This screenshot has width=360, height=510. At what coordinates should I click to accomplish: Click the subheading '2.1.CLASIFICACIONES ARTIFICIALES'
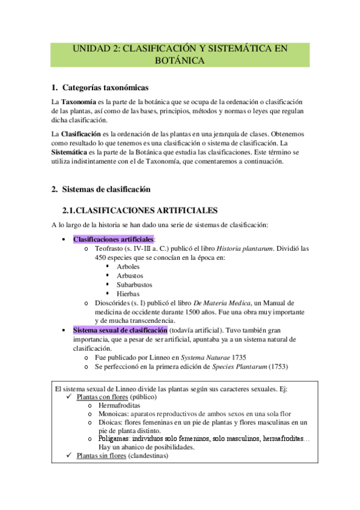tap(139, 210)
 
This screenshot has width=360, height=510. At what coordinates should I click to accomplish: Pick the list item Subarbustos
tap(135, 284)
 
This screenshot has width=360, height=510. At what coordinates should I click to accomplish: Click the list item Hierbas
tap(129, 294)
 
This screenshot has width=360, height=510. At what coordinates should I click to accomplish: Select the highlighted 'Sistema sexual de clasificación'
tap(120, 331)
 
